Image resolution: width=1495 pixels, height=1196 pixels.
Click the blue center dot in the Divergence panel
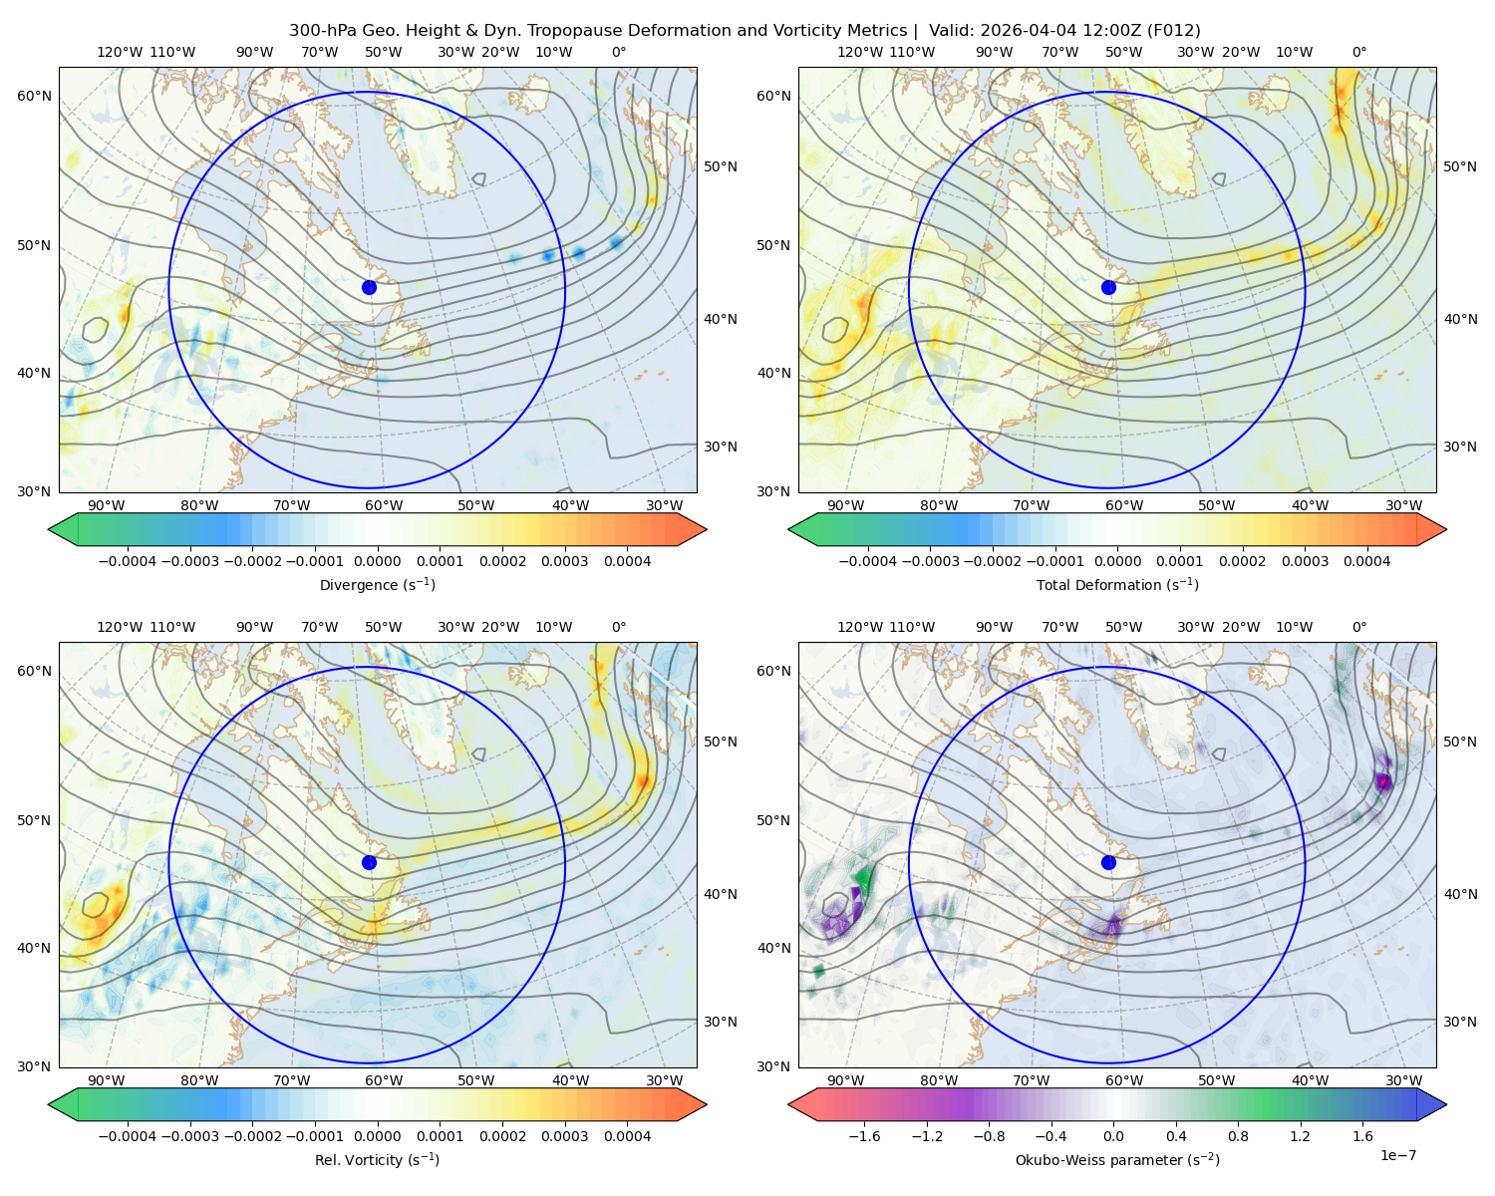[369, 287]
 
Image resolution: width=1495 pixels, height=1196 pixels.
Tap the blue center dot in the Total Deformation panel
[1108, 287]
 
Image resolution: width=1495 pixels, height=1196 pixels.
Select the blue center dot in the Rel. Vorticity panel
[369, 862]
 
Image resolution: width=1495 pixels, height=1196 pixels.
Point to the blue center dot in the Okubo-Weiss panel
[1108, 862]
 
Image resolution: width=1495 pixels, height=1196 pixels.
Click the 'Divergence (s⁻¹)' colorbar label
[377, 584]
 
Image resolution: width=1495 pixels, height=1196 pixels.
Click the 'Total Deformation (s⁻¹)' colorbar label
[1117, 584]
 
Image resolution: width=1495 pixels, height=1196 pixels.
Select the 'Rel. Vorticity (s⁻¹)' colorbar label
[377, 1160]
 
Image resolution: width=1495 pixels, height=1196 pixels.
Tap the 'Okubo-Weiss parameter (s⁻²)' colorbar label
[1117, 1160]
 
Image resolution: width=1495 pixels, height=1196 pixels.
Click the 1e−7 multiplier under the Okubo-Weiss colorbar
[1397, 1155]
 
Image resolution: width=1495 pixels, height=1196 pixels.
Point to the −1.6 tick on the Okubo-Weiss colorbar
[864, 1136]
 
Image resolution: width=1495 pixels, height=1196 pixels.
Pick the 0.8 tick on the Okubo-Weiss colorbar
[1238, 1136]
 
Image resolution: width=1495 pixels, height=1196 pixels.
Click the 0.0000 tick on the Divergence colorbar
[377, 561]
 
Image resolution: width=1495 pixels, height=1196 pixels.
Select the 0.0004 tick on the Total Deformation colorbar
[1367, 561]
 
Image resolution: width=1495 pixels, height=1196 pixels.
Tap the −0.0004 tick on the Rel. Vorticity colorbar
[128, 1136]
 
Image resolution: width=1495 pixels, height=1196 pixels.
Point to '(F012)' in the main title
[1173, 31]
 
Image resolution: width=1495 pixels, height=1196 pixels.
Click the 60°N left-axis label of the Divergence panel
[34, 96]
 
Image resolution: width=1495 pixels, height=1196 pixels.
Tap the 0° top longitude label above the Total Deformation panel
[1359, 52]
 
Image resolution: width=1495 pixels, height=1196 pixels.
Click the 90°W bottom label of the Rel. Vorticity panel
[107, 1080]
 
